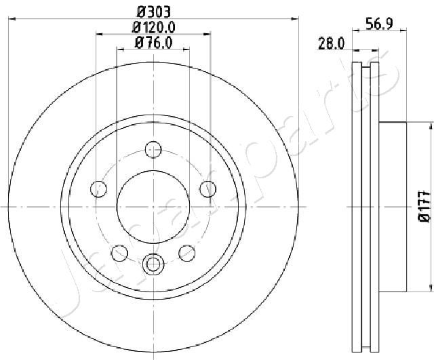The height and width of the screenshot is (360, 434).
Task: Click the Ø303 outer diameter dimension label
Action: pos(154,12)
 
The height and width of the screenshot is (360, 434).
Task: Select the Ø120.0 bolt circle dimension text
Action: pos(154,27)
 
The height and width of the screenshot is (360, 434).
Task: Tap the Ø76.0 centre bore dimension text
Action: pos(154,42)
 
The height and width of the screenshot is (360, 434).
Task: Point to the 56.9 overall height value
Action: pos(379,24)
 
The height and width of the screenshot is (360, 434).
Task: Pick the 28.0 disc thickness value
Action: pos(332,43)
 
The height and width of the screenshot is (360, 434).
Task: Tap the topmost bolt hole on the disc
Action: pos(153,150)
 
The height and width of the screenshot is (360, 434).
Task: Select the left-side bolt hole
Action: pos(98,189)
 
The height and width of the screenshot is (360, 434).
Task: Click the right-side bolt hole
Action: pos(208,189)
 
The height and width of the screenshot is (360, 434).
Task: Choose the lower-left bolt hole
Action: pos(119,253)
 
